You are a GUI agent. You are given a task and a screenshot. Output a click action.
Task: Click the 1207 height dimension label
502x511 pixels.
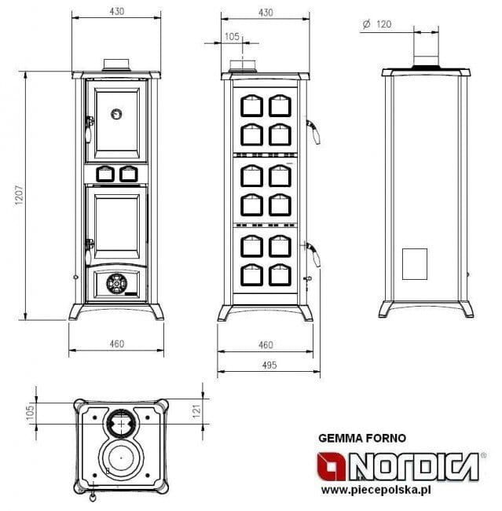click(x=19, y=195)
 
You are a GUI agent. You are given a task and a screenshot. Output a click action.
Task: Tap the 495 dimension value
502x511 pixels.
click(x=269, y=365)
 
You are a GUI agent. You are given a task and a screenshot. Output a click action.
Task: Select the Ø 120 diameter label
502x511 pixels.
click(x=377, y=24)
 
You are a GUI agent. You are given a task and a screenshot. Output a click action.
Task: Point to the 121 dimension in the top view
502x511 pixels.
click(x=196, y=411)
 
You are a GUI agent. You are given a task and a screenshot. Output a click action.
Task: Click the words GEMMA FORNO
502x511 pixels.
click(x=362, y=438)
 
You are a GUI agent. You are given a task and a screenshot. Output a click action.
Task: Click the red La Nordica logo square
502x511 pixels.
click(x=332, y=466)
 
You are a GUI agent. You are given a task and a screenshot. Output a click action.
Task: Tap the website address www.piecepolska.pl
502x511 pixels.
click(x=376, y=490)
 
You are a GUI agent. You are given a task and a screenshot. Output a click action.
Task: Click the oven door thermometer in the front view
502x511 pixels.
click(x=116, y=114)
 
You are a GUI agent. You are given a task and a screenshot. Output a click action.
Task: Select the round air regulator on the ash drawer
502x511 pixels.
click(x=116, y=284)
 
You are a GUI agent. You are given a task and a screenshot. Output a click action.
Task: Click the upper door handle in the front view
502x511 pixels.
click(x=89, y=129)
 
